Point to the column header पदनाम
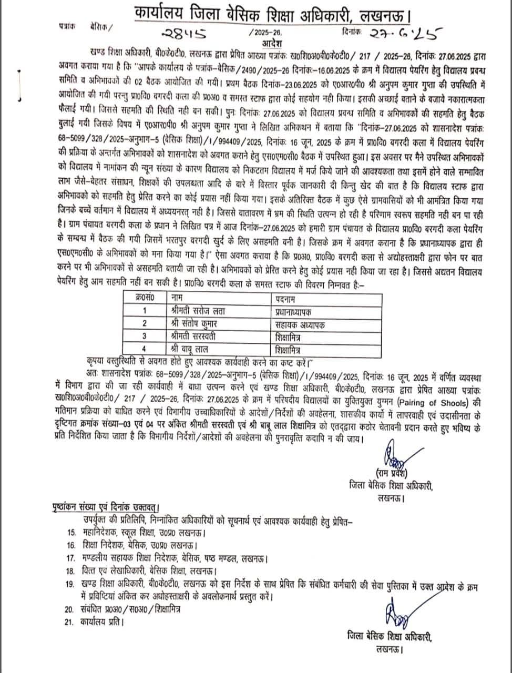pos(286,299)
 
